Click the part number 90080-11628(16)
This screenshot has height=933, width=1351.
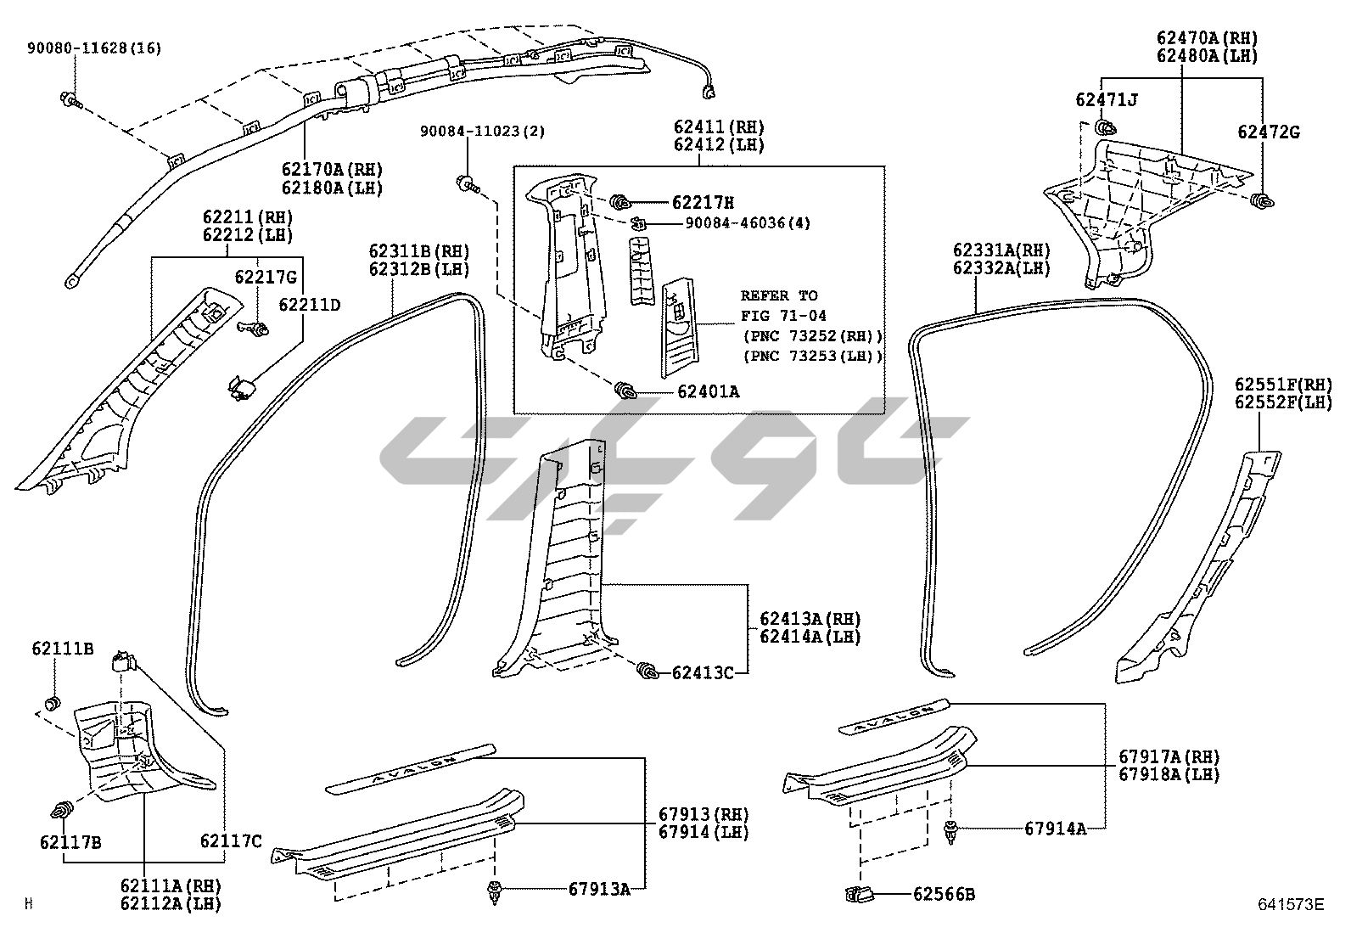pyautogui.click(x=93, y=48)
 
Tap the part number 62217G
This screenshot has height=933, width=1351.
pyautogui.click(x=266, y=277)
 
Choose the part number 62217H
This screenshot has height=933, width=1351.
pyautogui.click(x=703, y=203)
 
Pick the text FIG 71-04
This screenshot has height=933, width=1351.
pyautogui.click(x=783, y=316)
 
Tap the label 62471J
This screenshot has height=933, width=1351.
pyautogui.click(x=1107, y=100)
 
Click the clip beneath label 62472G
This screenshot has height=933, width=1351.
pyautogui.click(x=1263, y=201)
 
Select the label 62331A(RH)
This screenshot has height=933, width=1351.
pyautogui.click(x=1001, y=250)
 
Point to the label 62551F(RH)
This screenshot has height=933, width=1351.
pyautogui.click(x=1283, y=385)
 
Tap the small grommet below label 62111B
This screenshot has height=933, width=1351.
pyautogui.click(x=53, y=702)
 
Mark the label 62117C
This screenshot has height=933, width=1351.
pyautogui.click(x=231, y=841)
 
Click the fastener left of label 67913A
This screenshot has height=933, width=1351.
pyautogui.click(x=494, y=891)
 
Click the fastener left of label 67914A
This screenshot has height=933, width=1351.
pyautogui.click(x=950, y=829)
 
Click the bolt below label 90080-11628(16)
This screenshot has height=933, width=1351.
pyautogui.click(x=69, y=100)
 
